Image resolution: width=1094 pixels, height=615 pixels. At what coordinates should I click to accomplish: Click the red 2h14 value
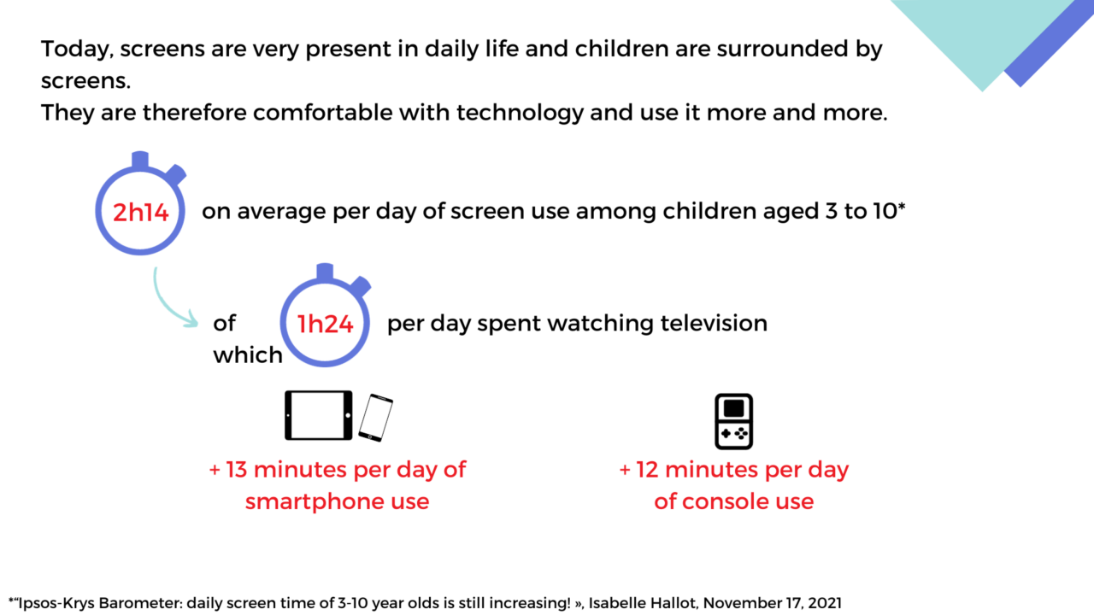(140, 213)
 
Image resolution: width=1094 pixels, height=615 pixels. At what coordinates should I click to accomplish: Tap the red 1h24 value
(326, 324)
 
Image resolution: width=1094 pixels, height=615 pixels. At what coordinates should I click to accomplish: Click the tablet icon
(318, 415)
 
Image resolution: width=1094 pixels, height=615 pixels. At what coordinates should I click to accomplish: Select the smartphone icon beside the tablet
(376, 418)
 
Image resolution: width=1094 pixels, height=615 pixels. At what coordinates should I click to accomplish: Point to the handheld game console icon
(733, 421)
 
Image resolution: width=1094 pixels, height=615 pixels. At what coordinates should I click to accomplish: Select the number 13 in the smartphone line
(238, 469)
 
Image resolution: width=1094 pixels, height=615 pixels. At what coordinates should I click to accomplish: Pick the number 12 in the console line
(647, 469)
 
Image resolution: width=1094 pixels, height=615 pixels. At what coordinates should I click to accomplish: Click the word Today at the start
(75, 49)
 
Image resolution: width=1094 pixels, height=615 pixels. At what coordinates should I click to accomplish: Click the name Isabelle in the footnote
(617, 602)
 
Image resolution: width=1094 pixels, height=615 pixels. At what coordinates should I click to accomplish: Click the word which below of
(248, 355)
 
